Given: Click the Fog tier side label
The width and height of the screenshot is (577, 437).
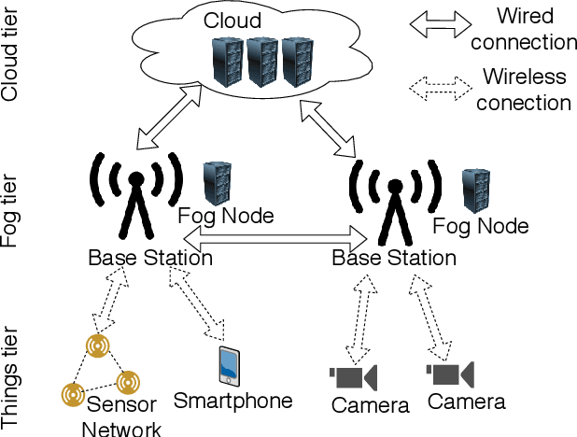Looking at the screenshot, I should tap(11, 214).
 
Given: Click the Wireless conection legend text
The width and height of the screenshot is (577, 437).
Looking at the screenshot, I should tap(524, 89).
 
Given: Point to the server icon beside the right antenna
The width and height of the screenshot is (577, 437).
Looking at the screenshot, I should tap(476, 191).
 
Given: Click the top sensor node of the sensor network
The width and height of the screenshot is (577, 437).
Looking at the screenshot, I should tap(97, 347).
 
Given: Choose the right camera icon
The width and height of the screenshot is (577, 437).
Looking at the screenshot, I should tap(450, 374).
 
